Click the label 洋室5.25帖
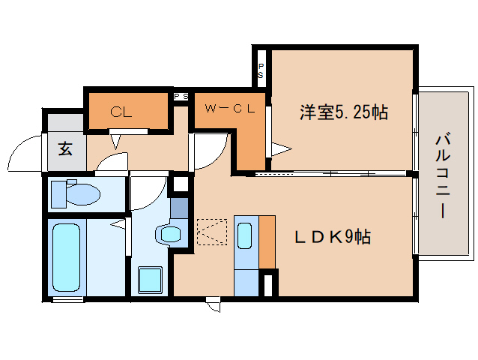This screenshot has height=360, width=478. point(343,113)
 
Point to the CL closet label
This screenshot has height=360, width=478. point(121,113)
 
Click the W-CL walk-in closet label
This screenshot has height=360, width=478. point(227,109)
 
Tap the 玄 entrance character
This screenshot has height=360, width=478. point(65,148)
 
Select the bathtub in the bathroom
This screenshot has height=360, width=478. point(66,257)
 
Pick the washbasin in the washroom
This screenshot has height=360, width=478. point(170,234)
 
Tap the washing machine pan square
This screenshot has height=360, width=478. point(150,280)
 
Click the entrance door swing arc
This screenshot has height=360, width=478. point(22,154)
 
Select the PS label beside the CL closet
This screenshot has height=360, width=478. point(181,97)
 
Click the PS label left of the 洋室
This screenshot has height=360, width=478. point(261,71)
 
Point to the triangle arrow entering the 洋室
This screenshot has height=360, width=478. point(279,150)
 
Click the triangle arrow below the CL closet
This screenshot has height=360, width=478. point(116,140)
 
